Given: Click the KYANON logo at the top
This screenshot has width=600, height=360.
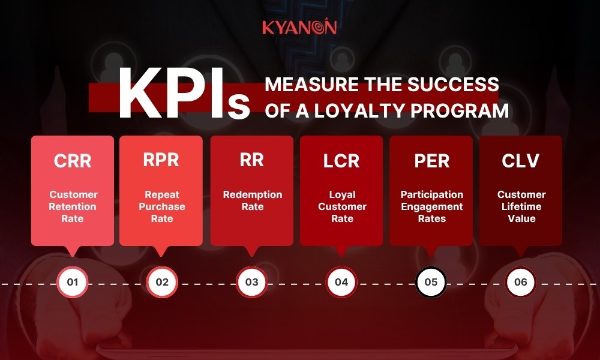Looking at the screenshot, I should [299, 27].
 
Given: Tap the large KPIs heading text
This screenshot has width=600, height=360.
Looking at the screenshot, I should [183, 97].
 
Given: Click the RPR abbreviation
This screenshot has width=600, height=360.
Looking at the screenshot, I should [161, 160].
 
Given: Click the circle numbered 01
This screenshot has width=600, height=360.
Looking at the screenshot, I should [73, 282].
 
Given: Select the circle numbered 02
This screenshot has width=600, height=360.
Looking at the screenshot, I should [162, 282].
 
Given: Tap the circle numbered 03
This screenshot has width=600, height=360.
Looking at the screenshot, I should [252, 282].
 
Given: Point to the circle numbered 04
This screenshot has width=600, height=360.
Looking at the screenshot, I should [341, 282].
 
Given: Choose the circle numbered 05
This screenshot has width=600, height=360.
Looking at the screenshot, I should [431, 282].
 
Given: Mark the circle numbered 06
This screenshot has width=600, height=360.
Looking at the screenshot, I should [521, 282].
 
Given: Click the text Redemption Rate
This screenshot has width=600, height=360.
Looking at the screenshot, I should [252, 200].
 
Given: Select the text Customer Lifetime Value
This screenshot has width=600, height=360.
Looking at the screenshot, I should [521, 206].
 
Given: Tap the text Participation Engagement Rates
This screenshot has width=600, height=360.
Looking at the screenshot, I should [431, 206].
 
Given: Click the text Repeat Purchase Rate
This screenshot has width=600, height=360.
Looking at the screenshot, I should [162, 206].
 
